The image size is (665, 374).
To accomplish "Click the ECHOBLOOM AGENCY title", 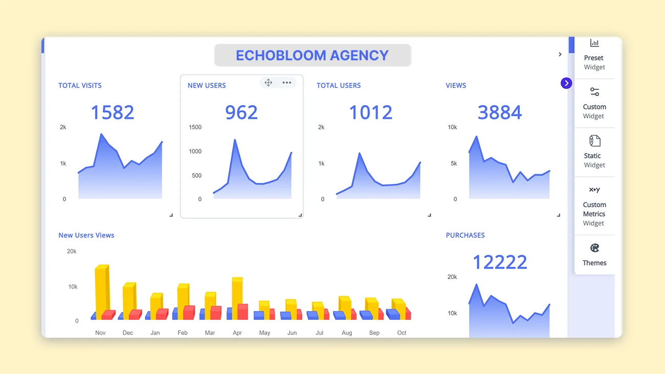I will coord(312,55).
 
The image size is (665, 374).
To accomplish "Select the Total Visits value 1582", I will coord(113,112).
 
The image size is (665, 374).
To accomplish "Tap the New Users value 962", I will coord(241,112).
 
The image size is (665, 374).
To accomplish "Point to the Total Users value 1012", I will coord(370,112).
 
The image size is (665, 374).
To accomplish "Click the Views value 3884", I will coord(500,112).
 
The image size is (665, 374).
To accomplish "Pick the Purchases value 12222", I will coord(500,262).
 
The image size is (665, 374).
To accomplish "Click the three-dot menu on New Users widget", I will coord(286,83).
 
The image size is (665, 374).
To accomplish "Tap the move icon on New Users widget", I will coord(269,83).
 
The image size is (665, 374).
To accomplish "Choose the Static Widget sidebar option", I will coord(594,152).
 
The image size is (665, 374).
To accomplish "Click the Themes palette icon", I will coord(594,248).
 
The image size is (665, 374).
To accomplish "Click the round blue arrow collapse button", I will coord(566,83).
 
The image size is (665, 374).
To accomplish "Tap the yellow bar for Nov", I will coord(101,289).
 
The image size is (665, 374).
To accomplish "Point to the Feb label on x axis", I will coord(183,333).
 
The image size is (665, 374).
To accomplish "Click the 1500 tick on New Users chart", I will coord(195,127).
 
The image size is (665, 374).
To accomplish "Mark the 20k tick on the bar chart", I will coord(72,251).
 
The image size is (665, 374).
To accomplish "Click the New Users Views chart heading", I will coord(86,236).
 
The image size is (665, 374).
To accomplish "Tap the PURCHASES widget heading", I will coord(465,236).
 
